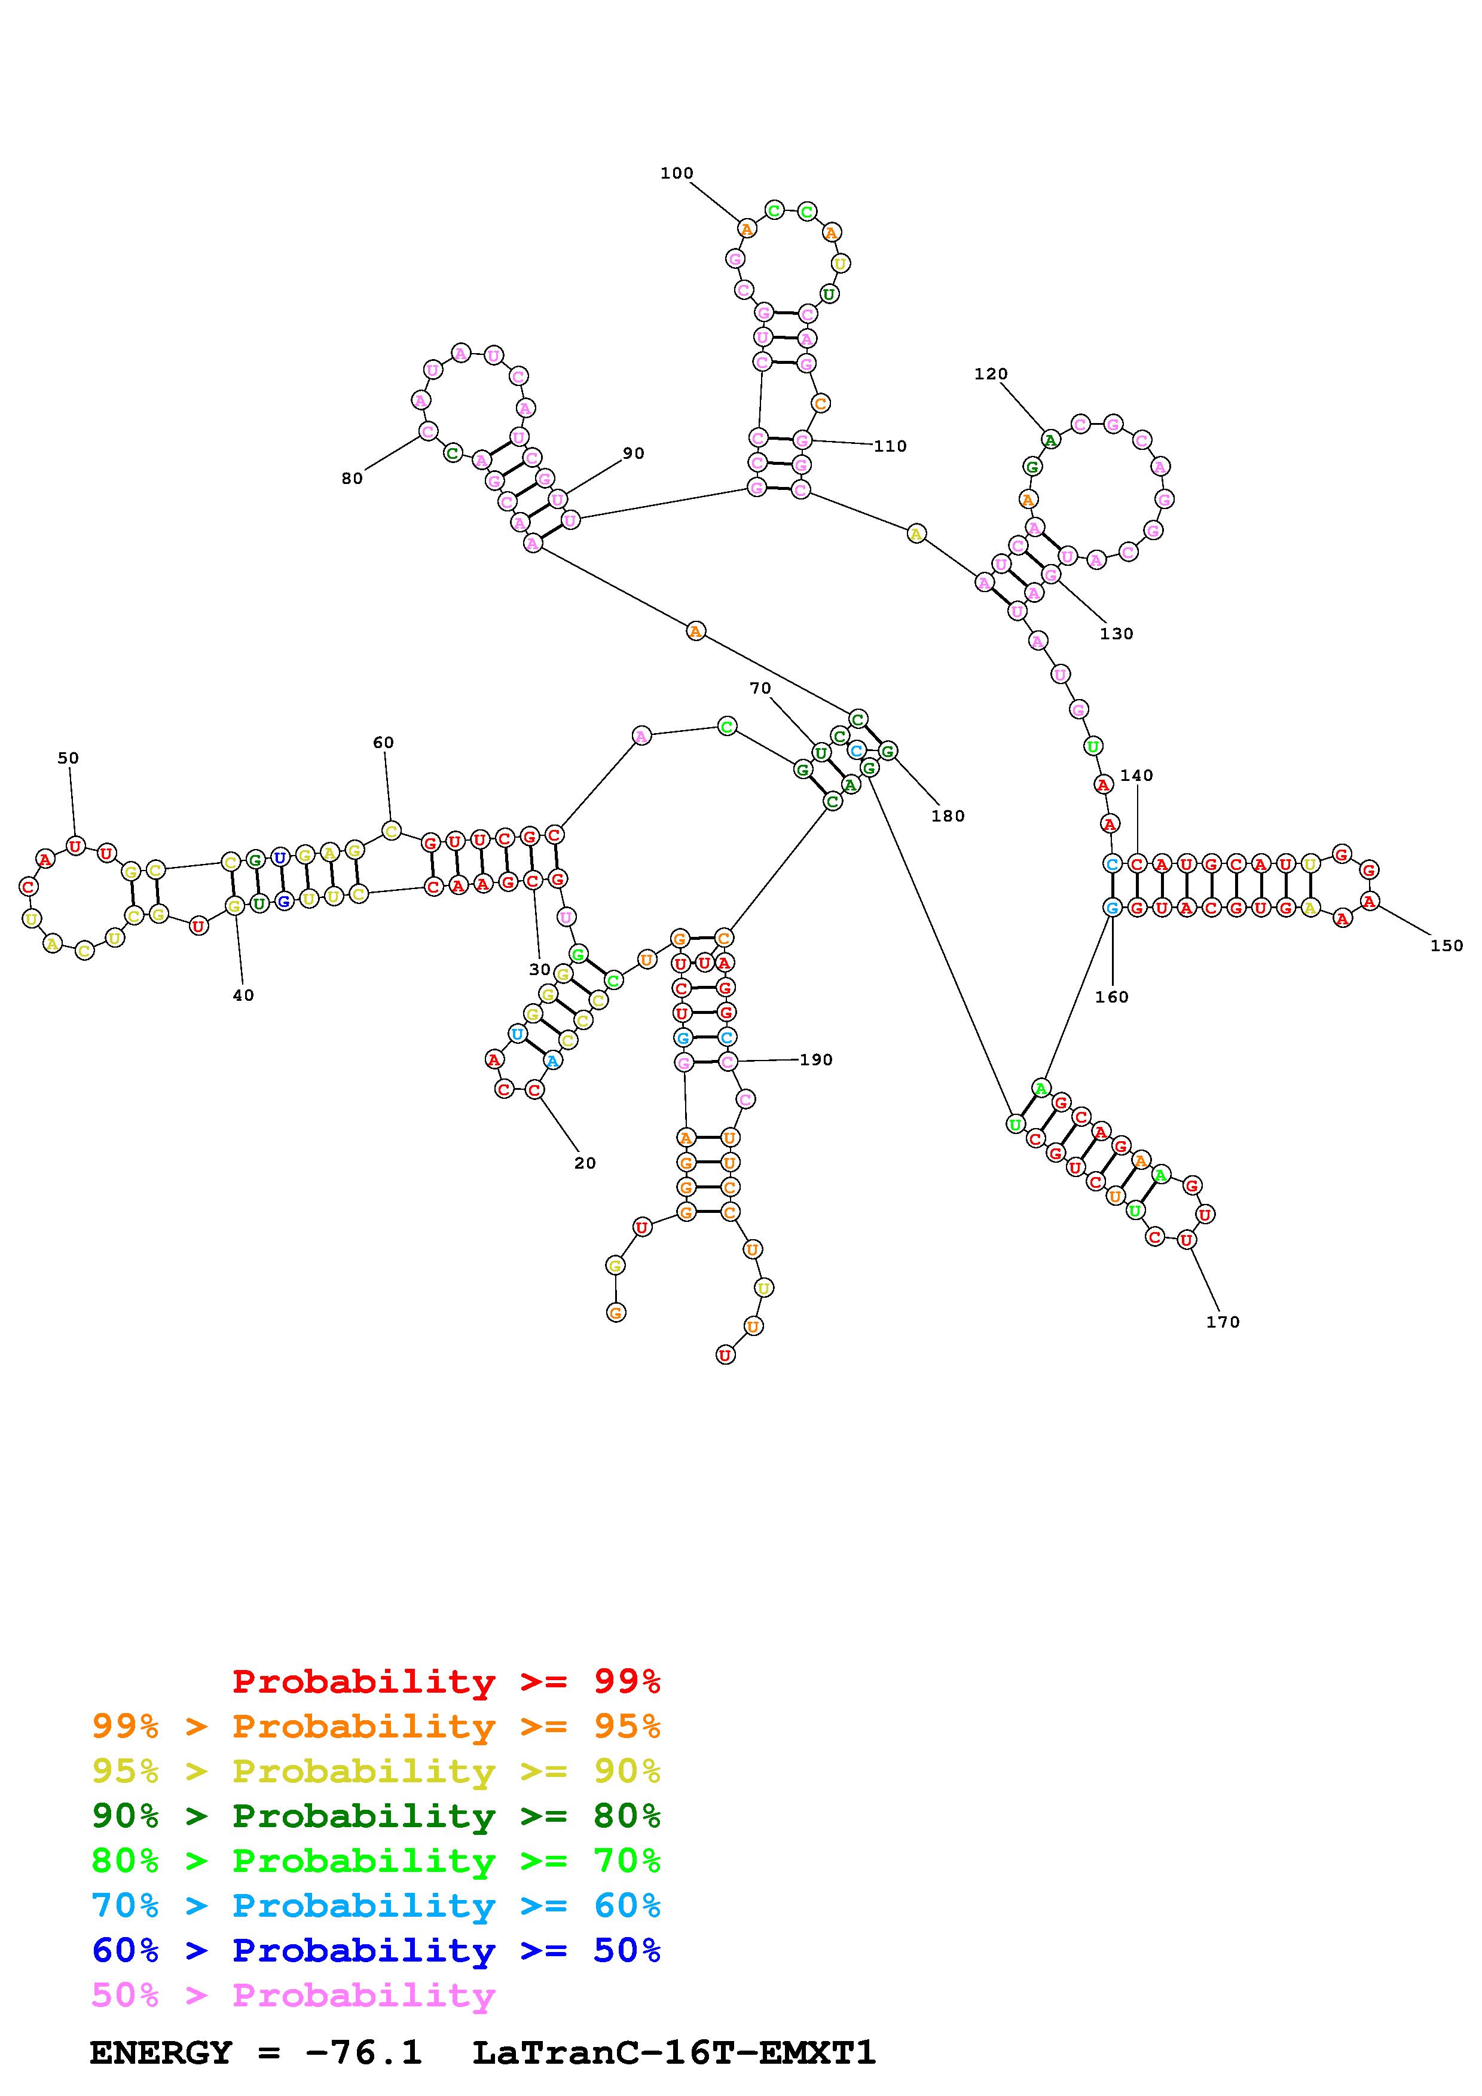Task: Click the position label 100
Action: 677,173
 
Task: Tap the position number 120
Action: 991,374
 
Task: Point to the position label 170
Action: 1223,1322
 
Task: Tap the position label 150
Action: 1446,946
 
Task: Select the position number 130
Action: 1116,633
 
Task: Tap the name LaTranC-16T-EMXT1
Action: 674,2053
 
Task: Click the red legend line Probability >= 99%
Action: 447,1681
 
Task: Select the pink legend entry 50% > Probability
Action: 293,1996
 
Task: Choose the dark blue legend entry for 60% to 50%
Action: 375,1951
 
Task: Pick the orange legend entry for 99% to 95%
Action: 375,1726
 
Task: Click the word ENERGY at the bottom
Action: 161,2053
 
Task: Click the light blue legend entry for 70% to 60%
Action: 375,1906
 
